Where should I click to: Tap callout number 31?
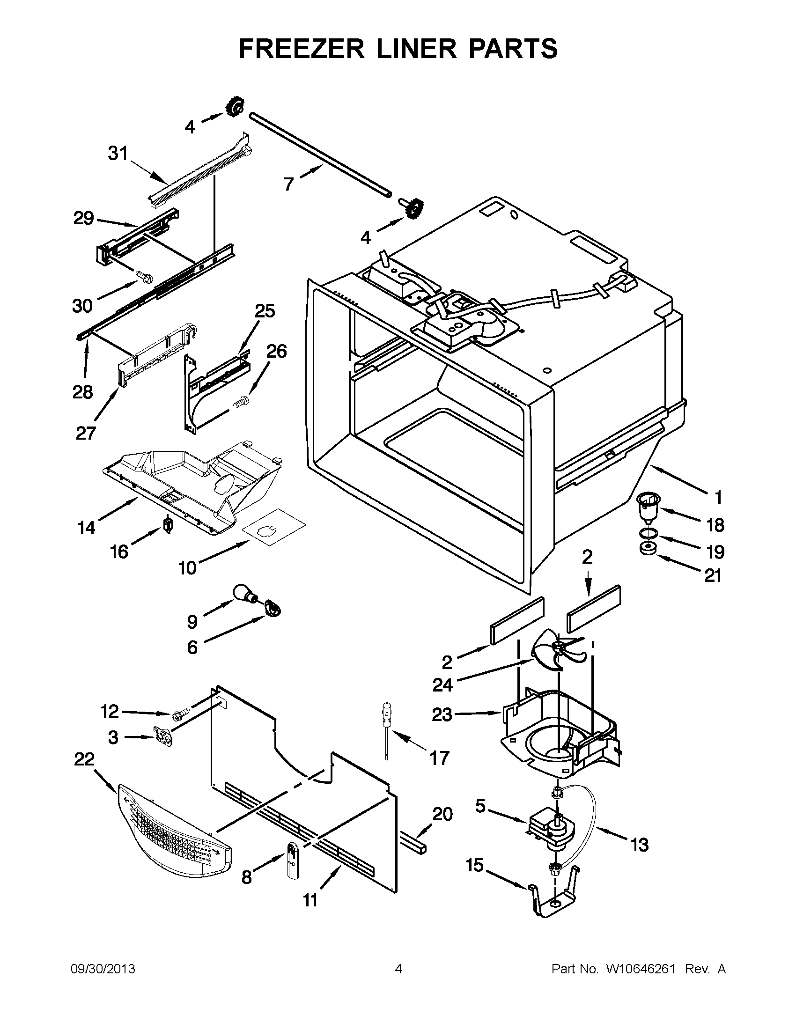pos(118,153)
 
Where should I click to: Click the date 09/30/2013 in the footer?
pos(103,969)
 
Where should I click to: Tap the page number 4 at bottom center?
pos(398,969)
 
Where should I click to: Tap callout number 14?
pos(87,528)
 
